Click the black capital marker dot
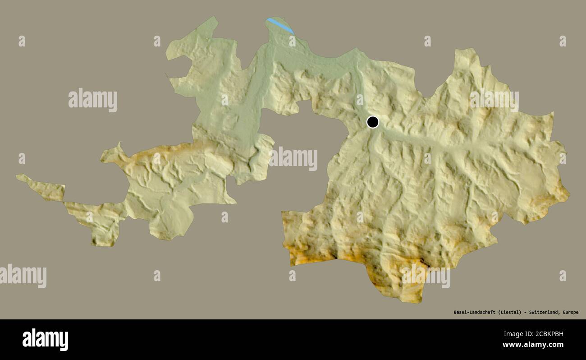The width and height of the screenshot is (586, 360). (372, 122)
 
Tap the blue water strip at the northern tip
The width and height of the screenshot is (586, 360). (280, 25)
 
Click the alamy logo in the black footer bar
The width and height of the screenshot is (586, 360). (45, 339)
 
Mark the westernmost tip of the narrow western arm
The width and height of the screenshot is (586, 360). (17, 176)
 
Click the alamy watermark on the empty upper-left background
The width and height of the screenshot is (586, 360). (93, 100)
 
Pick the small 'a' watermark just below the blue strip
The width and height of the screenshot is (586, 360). (292, 41)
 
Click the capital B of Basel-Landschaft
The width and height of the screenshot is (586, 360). (455, 312)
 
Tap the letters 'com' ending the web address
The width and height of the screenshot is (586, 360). (557, 345)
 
